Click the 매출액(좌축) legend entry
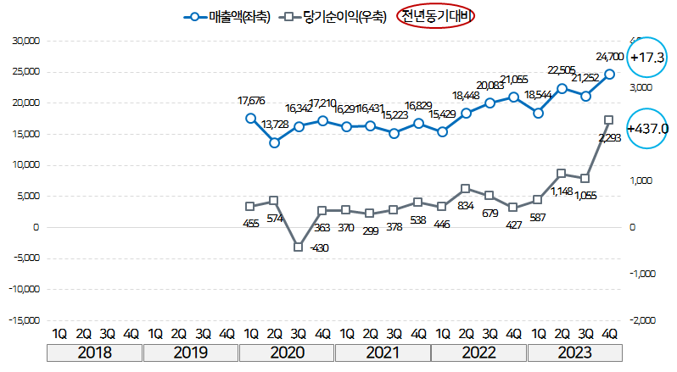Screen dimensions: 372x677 (x=227, y=16)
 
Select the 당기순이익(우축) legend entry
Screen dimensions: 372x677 (x=332, y=16)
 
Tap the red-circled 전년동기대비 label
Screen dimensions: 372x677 (x=435, y=16)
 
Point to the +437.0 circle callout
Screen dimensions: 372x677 (x=647, y=129)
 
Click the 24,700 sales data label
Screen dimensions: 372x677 (x=610, y=57)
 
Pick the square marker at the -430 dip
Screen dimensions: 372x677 (x=299, y=247)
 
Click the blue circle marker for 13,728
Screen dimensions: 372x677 (x=274, y=142)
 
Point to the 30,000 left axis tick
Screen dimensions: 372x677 (x=26, y=41)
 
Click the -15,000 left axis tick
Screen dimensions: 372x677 (x=25, y=320)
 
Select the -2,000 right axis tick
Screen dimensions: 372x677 (x=642, y=320)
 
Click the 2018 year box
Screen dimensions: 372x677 (x=95, y=352)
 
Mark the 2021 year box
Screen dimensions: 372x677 (x=383, y=352)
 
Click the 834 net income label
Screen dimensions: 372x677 (x=465, y=206)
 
